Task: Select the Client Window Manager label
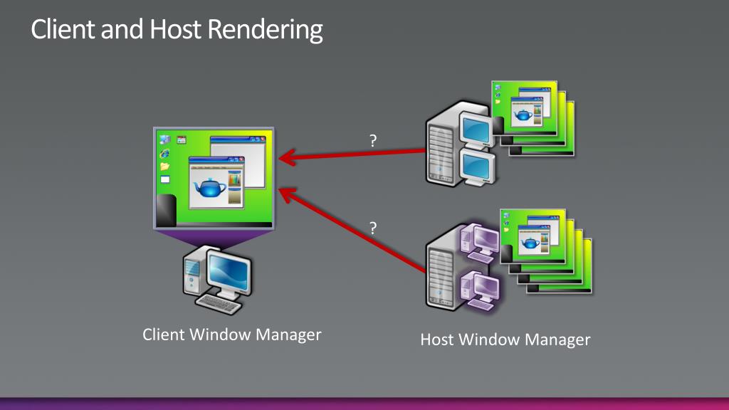pyautogui.click(x=232, y=334)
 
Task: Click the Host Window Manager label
pyautogui.click(x=505, y=339)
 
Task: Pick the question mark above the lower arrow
pyautogui.click(x=373, y=228)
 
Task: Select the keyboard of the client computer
pyautogui.click(x=218, y=304)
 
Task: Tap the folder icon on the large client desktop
pyautogui.click(x=165, y=166)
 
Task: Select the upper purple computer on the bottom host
pyautogui.click(x=478, y=241)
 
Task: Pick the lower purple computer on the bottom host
pyautogui.click(x=478, y=287)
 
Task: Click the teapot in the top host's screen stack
pyautogui.click(x=523, y=115)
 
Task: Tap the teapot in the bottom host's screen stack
pyautogui.click(x=531, y=243)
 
